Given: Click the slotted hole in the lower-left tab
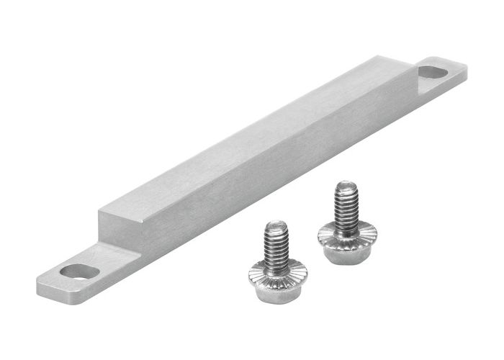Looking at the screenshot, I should [80, 271].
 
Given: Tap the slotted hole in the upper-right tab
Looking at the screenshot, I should [433, 72].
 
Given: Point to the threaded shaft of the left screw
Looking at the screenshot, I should [276, 245].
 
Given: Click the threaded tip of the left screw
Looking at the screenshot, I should [274, 226].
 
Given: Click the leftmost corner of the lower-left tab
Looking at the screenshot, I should [38, 282].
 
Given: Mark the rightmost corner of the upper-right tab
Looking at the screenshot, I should [466, 69].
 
